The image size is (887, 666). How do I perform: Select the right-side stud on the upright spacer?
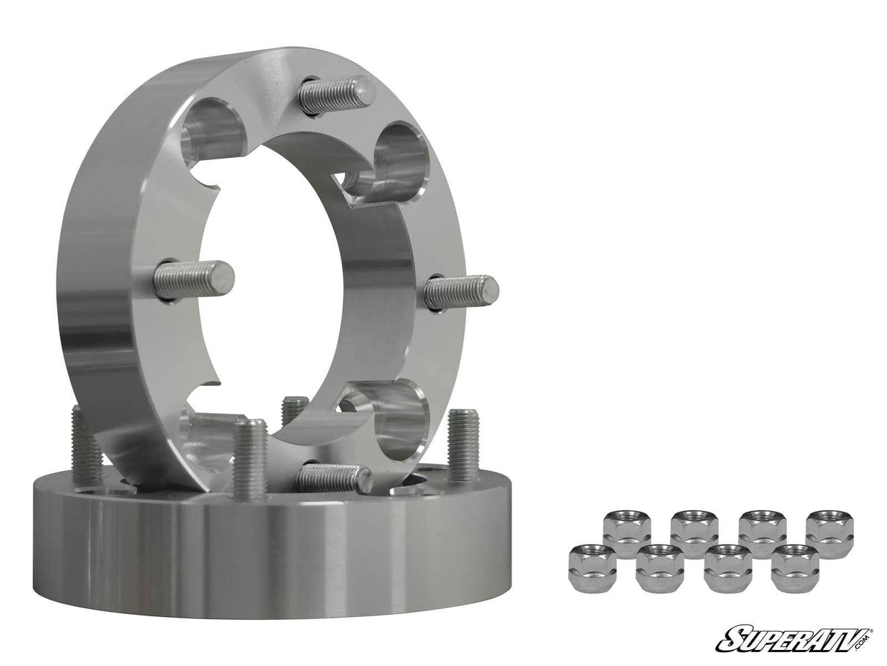pos(461,292)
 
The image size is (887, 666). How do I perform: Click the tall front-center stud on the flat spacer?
pos(250,457)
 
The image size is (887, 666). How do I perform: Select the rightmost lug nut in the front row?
pos(794,567)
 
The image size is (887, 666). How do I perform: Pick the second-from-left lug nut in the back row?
pos(694,532)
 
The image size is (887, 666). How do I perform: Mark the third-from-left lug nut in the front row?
pos(728,567)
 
